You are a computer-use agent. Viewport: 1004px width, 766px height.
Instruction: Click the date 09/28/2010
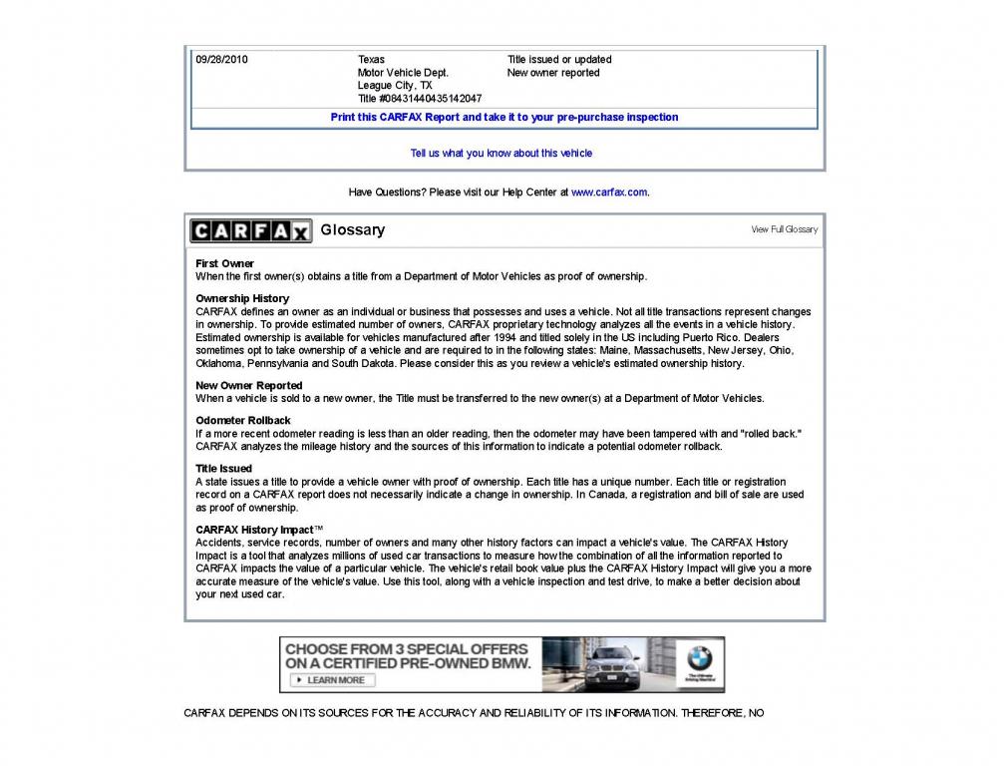(221, 60)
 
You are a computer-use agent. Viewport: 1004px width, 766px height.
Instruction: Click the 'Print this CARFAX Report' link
(503, 118)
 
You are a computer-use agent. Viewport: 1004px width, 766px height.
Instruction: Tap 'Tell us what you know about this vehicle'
(502, 154)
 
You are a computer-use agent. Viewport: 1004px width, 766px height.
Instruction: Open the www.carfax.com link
(609, 192)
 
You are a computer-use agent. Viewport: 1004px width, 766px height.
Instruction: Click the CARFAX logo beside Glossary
(250, 230)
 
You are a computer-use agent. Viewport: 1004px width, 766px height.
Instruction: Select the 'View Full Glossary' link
(784, 229)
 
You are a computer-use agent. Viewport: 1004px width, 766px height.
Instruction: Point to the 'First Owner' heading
(224, 263)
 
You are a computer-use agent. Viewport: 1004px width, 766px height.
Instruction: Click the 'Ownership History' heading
(242, 298)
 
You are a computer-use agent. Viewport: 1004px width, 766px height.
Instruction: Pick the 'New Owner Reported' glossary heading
(248, 385)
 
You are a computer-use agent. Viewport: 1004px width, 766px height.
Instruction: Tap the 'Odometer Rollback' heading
(242, 420)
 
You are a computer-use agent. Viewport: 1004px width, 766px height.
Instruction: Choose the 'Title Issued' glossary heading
(223, 468)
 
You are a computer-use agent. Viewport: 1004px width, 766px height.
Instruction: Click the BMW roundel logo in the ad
(699, 659)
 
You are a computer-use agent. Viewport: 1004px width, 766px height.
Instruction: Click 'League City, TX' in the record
(395, 86)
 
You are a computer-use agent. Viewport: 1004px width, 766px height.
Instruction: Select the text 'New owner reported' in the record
(553, 73)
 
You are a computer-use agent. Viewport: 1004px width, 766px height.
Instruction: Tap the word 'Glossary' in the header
(352, 230)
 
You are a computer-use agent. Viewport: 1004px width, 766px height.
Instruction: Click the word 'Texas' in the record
(371, 60)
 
